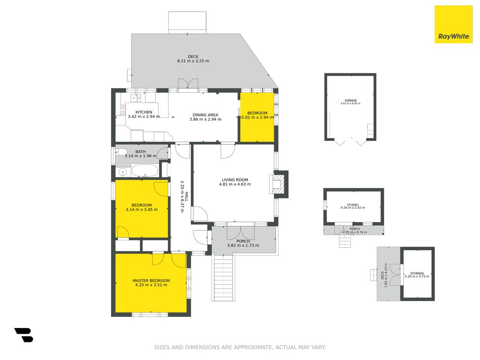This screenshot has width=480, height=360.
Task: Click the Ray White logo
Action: [x=453, y=24]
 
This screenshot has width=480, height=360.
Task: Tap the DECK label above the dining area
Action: [x=193, y=57]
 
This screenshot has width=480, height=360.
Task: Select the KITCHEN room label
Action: [x=144, y=112]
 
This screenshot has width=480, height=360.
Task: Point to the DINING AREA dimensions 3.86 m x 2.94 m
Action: [x=206, y=119]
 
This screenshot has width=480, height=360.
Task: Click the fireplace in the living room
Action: [x=279, y=184]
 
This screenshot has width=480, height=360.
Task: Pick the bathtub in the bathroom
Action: [x=145, y=171]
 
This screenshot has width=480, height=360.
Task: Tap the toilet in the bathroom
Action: [x=121, y=152]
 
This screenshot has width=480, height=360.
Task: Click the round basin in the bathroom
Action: [x=122, y=172]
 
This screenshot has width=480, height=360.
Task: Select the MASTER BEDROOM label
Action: [x=151, y=280]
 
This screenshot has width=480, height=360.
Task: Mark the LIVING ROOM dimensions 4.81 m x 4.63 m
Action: [x=235, y=184]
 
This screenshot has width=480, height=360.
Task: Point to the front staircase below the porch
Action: [x=224, y=277]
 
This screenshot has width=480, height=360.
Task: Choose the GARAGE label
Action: [x=351, y=100]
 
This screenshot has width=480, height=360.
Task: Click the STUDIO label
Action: [x=353, y=205]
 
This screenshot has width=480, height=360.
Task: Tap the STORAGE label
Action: [x=417, y=273]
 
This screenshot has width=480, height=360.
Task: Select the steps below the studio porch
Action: [x=345, y=241]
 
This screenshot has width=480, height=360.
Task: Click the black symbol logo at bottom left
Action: [x=24, y=335]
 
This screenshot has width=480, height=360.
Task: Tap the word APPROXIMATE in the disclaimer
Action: [x=253, y=347]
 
